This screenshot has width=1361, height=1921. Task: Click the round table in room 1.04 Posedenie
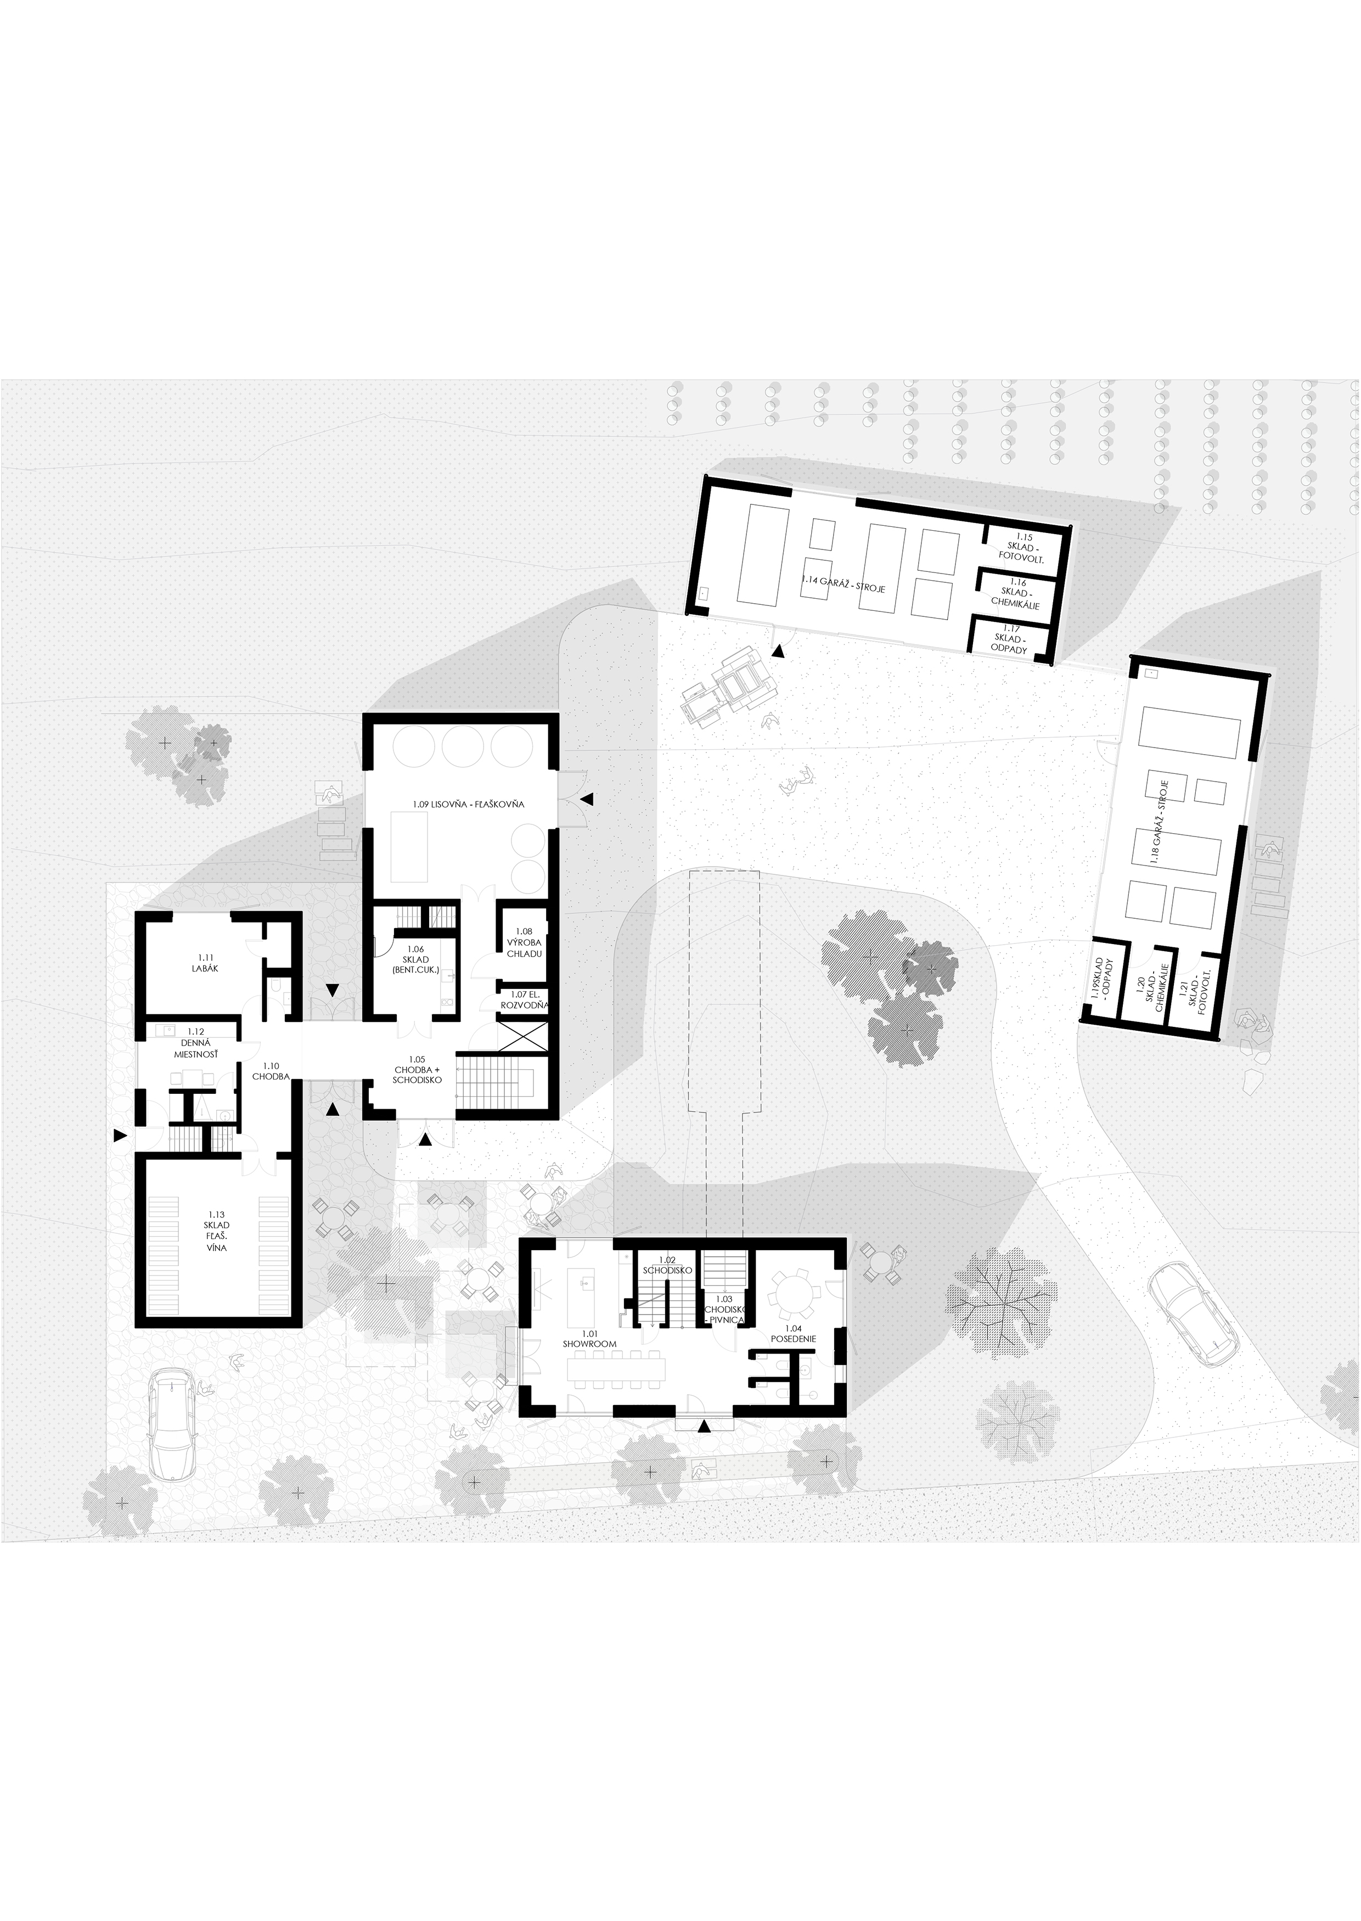(x=791, y=1291)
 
